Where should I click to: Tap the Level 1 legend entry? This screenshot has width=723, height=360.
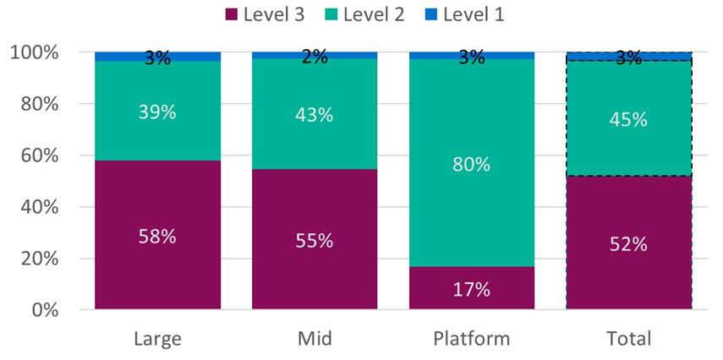474,14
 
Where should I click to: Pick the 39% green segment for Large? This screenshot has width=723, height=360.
157,111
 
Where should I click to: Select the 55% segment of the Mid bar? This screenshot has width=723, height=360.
315,240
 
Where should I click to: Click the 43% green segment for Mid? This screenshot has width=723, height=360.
315,114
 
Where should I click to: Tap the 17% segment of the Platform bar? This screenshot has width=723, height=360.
472,288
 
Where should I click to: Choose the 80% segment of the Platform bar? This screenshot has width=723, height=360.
472,163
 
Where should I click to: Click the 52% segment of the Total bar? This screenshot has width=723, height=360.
629,243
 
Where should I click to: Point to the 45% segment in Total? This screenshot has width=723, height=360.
629,119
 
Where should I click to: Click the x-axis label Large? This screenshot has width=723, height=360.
157,340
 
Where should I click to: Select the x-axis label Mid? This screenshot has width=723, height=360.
315,340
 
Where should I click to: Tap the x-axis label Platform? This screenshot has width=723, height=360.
472,340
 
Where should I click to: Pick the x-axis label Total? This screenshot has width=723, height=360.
629,340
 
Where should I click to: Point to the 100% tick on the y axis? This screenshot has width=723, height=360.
35,52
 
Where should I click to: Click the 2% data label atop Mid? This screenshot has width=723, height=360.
315,57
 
